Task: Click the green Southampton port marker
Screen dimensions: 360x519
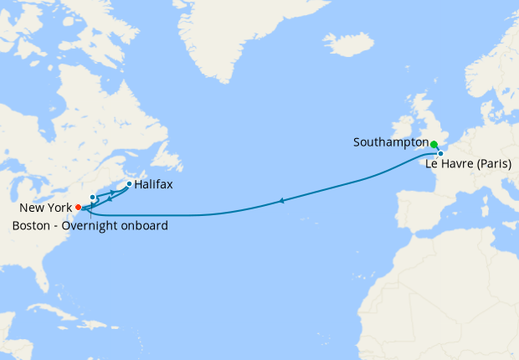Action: [434, 144]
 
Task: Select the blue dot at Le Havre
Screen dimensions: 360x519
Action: [439, 153]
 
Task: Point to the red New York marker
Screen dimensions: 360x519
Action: [78, 207]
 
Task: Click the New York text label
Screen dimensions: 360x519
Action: [44, 207]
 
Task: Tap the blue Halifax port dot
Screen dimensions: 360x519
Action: [129, 183]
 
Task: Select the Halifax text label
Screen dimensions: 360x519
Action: [154, 184]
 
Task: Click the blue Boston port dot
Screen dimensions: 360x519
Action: [92, 198]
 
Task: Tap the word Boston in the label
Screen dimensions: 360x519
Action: [32, 225]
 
